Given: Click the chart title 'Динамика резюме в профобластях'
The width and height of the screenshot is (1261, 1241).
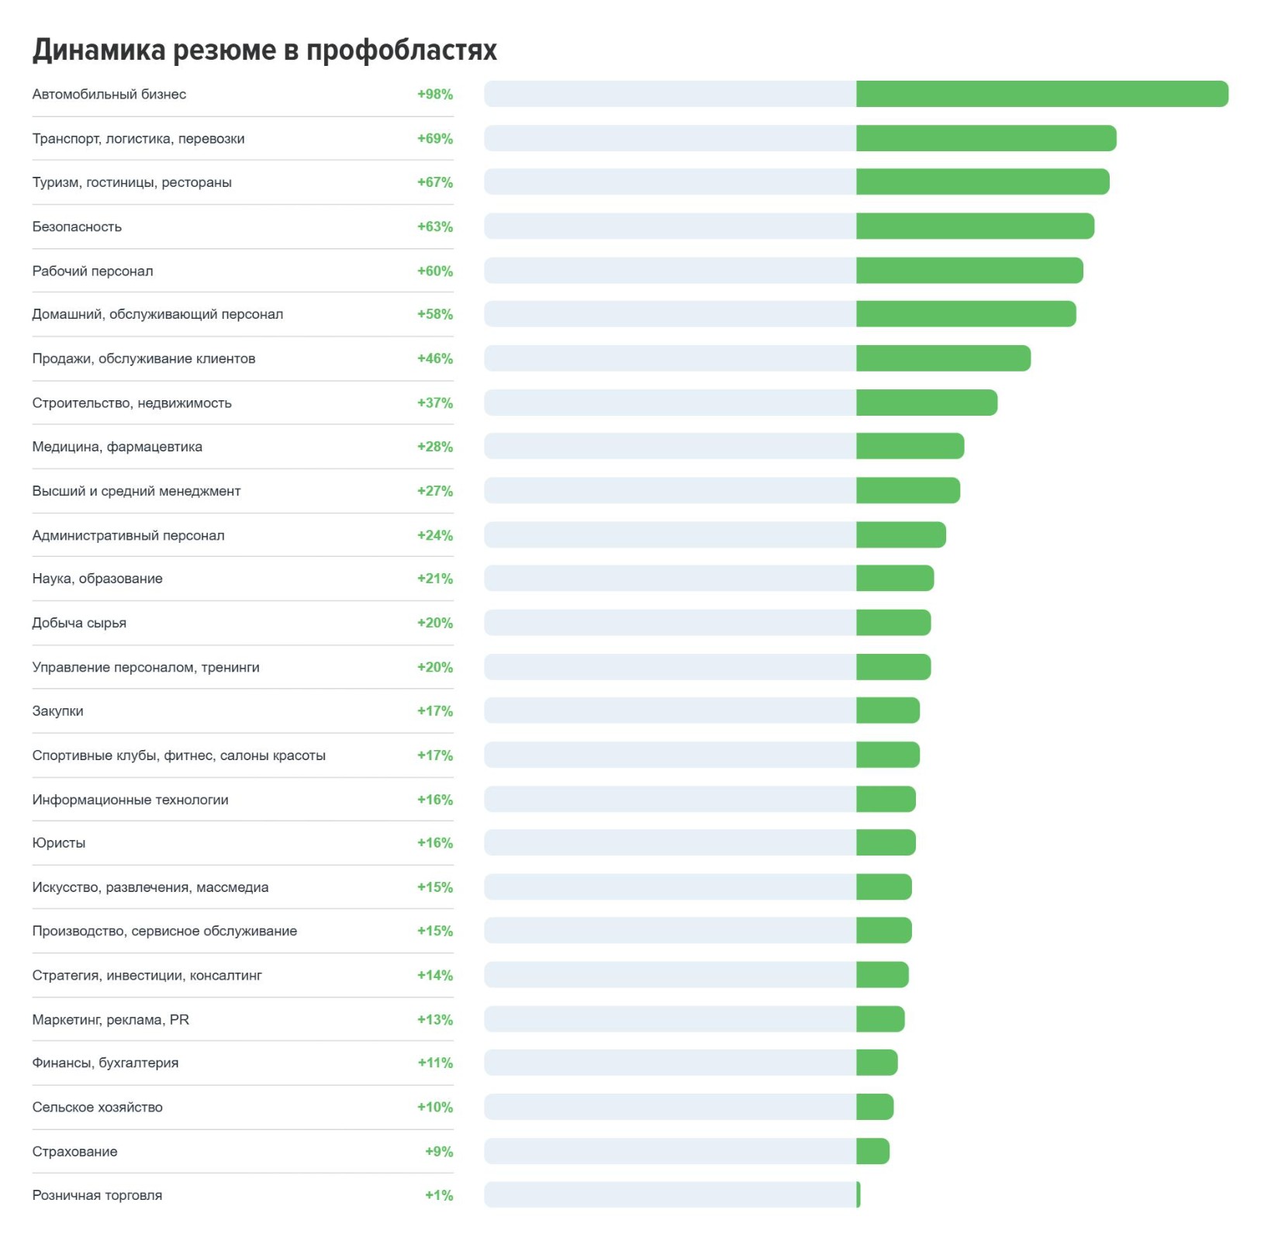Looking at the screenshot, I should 264,50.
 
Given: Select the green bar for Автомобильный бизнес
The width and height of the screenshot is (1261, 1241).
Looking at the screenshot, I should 1042,94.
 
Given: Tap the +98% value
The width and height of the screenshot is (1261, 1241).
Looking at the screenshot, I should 435,95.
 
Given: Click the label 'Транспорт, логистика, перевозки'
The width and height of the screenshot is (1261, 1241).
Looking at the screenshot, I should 138,139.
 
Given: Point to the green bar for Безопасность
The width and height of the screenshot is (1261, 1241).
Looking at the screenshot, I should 975,226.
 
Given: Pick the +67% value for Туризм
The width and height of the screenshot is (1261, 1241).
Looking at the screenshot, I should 435,182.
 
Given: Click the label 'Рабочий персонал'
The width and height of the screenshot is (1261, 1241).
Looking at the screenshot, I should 92,271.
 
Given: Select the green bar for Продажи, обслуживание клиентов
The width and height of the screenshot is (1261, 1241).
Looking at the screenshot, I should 943,358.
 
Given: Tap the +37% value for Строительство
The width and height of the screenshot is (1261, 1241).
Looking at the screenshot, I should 435,403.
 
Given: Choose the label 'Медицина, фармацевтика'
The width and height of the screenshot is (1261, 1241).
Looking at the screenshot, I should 117,447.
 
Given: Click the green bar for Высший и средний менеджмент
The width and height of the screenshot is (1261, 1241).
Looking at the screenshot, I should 908,491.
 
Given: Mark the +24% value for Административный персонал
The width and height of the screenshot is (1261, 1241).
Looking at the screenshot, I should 435,535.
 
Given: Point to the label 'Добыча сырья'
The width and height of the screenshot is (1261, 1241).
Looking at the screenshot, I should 79,623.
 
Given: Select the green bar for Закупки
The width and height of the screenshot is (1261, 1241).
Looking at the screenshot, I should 888,710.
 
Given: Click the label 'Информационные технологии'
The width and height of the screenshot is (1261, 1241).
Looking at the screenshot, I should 130,800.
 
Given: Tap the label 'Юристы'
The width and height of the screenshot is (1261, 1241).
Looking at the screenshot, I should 59,843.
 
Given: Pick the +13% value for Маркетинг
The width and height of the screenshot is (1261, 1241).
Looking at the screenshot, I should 435,1019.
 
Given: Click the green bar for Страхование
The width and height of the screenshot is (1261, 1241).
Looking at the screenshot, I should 872,1151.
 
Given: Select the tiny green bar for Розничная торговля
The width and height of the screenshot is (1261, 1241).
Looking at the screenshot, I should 859,1195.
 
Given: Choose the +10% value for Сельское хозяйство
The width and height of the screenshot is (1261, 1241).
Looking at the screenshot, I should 435,1107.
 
